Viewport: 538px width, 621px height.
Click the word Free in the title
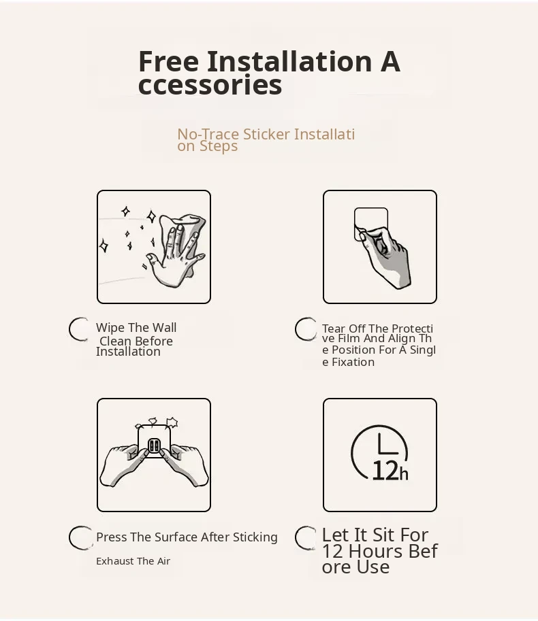click(x=168, y=61)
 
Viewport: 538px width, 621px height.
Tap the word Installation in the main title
click(x=289, y=61)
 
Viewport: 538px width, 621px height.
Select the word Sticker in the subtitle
click(x=266, y=134)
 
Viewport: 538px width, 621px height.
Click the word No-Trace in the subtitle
click(x=208, y=134)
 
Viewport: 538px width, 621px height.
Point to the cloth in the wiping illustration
click(x=187, y=234)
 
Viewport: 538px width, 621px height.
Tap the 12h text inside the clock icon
click(x=390, y=471)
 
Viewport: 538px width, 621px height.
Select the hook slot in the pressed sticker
click(x=154, y=446)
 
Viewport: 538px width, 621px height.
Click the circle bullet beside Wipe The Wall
click(x=79, y=329)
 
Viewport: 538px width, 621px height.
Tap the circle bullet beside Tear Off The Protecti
click(x=305, y=329)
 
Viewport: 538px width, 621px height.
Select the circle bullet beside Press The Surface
click(x=80, y=537)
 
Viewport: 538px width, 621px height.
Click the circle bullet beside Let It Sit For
click(x=305, y=537)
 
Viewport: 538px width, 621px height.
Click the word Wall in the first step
click(x=165, y=328)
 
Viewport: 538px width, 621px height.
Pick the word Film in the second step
click(x=349, y=339)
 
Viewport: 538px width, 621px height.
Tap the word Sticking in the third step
click(x=255, y=537)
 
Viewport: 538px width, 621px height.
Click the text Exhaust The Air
click(x=133, y=560)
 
